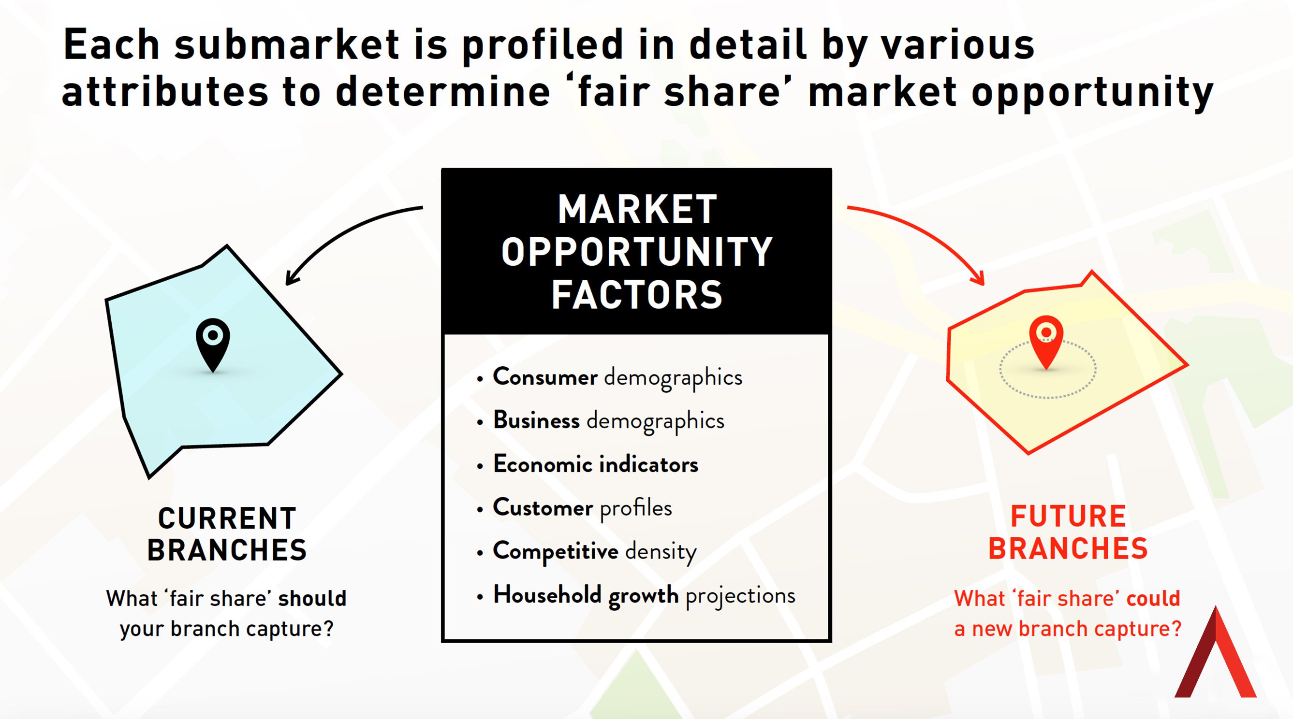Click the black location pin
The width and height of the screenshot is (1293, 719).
[213, 344]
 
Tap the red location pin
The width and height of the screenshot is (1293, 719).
[1046, 341]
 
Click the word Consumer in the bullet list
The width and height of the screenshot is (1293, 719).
[545, 376]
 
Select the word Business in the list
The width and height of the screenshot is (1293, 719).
[536, 420]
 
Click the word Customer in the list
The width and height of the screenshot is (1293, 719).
[543, 508]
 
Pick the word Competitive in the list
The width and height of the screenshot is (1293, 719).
[555, 551]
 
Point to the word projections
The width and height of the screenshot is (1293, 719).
[740, 597]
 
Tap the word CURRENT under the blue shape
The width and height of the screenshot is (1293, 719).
[227, 518]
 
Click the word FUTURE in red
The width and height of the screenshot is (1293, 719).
[1068, 517]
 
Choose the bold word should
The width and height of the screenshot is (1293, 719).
[312, 599]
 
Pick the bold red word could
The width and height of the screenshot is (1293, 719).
[1153, 599]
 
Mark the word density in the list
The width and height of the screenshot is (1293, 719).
[661, 552]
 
